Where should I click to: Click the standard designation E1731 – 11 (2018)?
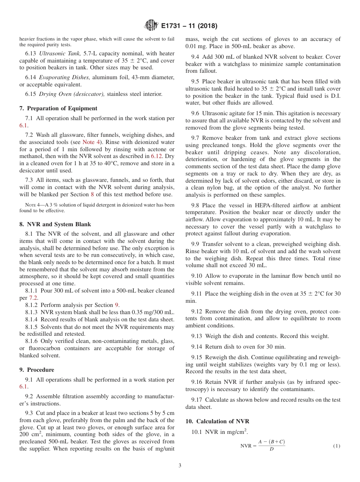(189, 26)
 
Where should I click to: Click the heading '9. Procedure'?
(37, 370)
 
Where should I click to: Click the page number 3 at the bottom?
(180, 466)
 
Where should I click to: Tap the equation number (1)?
(337, 446)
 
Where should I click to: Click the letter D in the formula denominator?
(271, 449)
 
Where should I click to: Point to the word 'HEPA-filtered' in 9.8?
(258, 205)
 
